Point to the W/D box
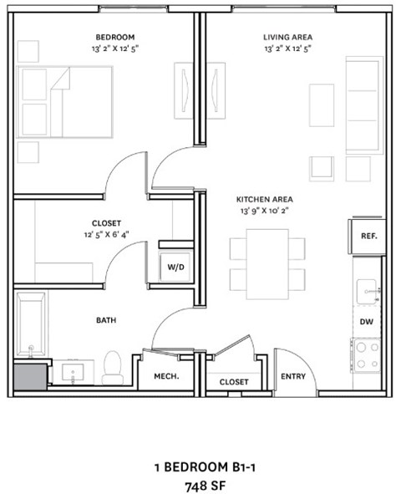176,267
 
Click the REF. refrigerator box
368,236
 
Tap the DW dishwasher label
366,321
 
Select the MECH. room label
167,377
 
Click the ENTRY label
293,376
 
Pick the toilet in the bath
113,367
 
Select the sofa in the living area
364,105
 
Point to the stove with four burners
366,354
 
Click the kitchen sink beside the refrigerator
368,291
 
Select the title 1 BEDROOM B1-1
200,466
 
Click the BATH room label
105,319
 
